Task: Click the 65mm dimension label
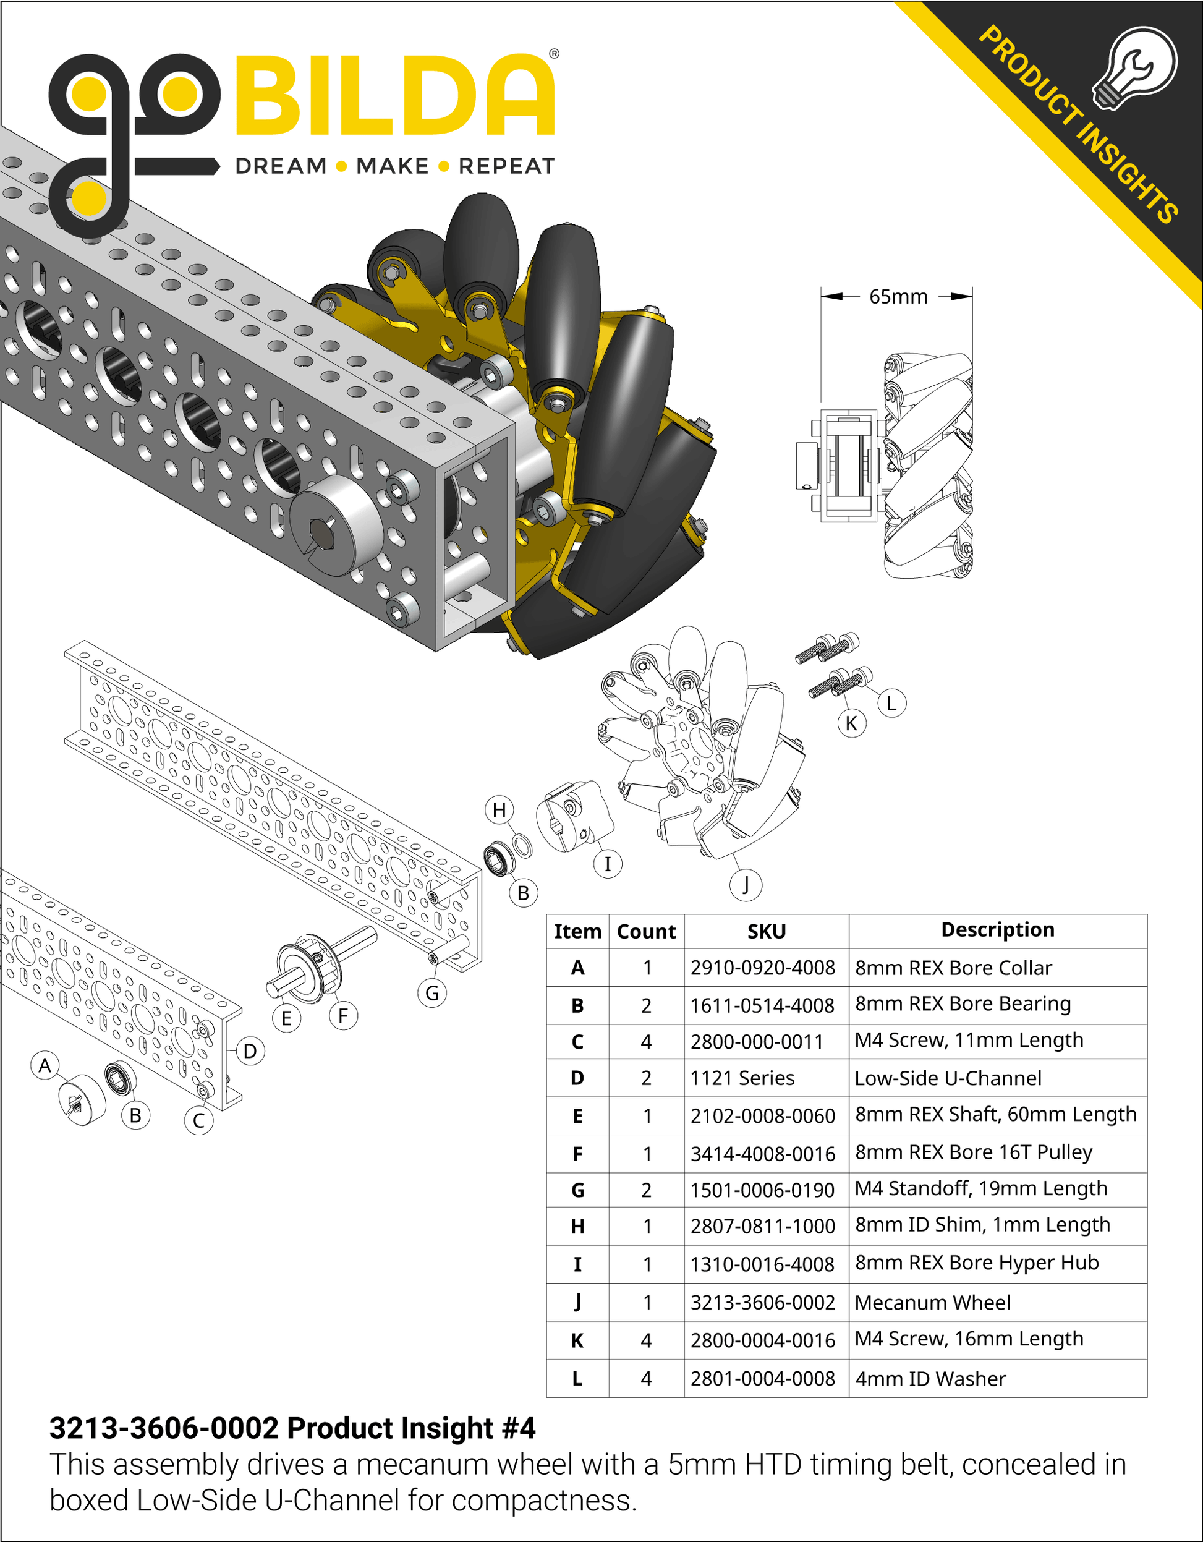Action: point(898,297)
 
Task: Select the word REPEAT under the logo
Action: point(506,166)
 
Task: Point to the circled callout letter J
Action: point(746,884)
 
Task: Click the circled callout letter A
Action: point(45,1065)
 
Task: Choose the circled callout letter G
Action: point(432,994)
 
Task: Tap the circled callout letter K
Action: point(851,723)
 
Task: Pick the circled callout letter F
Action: point(343,1016)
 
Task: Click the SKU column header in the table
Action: point(766,931)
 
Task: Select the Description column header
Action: point(998,930)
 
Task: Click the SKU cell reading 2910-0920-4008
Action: point(762,968)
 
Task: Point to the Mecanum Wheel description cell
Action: point(932,1303)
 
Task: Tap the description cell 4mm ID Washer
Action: point(930,1378)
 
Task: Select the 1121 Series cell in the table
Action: point(742,1078)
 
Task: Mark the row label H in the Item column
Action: point(577,1227)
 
